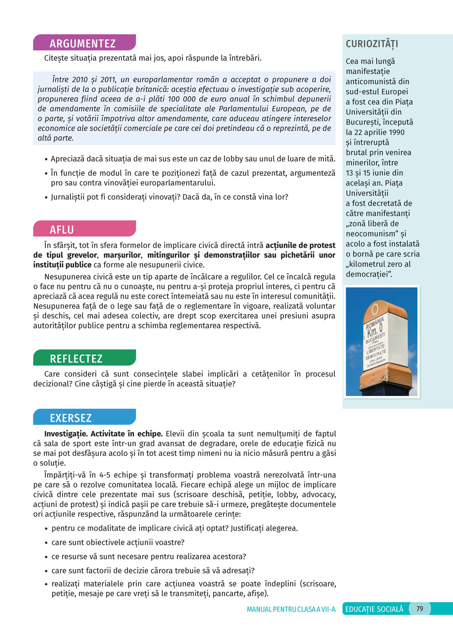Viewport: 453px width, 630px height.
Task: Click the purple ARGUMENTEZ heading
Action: (x=83, y=44)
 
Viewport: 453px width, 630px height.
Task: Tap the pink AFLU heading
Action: (x=62, y=230)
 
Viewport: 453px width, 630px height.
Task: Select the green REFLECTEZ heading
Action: (x=76, y=359)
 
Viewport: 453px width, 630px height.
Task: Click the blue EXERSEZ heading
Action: (x=71, y=418)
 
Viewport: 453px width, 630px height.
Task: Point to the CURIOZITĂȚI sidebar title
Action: (x=372, y=44)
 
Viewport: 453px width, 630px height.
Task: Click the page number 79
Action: (x=419, y=609)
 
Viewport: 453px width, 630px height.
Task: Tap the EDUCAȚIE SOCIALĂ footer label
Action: (x=374, y=609)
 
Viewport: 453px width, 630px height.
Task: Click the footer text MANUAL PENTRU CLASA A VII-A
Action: (x=291, y=610)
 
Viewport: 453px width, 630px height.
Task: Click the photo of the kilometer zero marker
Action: (x=381, y=342)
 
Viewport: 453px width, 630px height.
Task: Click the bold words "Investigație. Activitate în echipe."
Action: (x=103, y=434)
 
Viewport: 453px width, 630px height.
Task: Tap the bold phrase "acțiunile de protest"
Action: (x=300, y=245)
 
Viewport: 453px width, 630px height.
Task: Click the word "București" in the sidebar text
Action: (x=362, y=122)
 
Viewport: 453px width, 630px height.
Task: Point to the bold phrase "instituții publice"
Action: (x=62, y=265)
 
